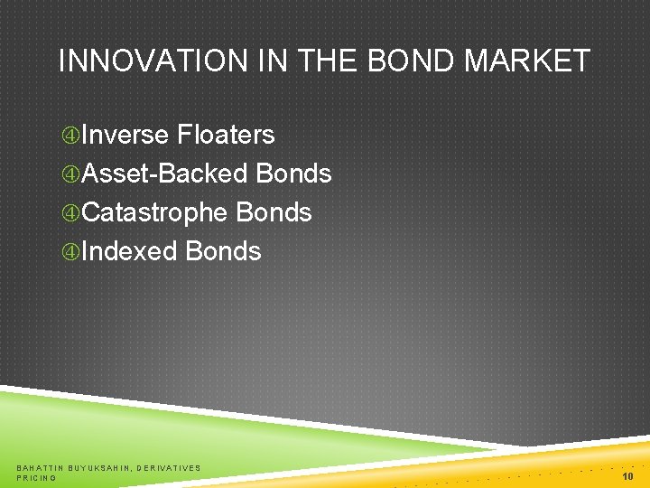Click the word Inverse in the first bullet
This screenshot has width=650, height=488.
point(125,135)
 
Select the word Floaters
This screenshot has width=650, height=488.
point(226,135)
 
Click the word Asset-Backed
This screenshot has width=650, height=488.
point(165,174)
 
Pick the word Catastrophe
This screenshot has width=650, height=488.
point(154,212)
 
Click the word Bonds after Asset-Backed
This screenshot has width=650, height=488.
point(293,174)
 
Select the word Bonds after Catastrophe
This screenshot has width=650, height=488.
point(274,212)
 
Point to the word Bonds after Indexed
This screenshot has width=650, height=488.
point(223,251)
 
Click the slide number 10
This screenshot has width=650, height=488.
point(627,475)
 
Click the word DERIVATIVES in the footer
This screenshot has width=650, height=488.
point(169,467)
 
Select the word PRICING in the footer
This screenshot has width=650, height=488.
point(37,477)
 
